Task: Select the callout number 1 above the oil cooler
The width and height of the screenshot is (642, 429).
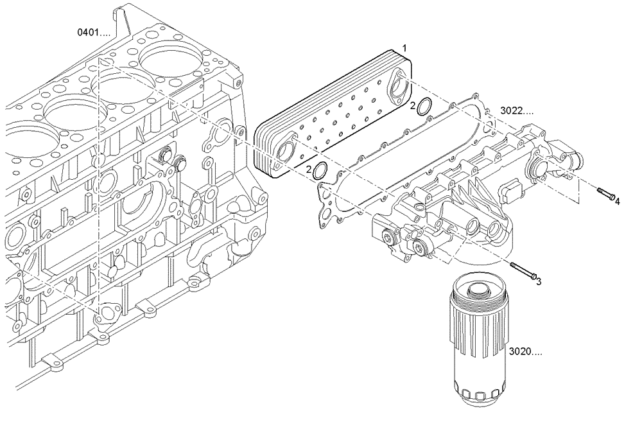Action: coord(404,48)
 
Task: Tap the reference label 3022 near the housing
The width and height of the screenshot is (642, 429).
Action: coord(517,110)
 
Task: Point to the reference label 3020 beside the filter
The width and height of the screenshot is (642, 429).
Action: coord(525,352)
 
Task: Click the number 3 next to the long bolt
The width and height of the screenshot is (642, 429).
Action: coord(539,281)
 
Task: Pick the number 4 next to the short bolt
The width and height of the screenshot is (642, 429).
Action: coord(617,201)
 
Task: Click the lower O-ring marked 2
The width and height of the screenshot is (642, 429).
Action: coord(319,171)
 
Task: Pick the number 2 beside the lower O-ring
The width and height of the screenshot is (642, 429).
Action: coord(309,170)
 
